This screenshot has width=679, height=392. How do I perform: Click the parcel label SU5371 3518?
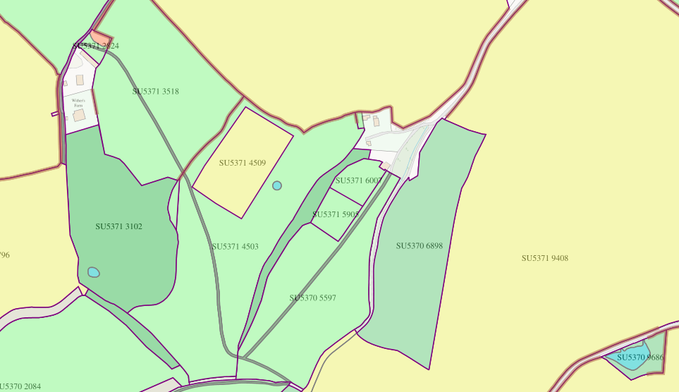pos(155,92)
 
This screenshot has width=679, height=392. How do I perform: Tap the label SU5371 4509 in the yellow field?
pos(242,163)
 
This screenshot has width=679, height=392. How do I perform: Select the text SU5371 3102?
pos(118,227)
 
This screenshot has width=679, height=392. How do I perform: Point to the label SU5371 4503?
pos(235,247)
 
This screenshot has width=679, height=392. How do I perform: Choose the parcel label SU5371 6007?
pos(358,180)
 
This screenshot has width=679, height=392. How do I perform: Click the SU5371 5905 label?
pos(336,214)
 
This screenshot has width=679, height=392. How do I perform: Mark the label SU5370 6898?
pos(419,246)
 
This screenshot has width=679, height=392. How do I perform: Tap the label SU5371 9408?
pos(544,258)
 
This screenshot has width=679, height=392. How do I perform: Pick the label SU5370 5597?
pos(312,298)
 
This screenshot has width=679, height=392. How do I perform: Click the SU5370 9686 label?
pos(640,357)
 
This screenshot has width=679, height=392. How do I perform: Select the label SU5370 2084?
pos(20,386)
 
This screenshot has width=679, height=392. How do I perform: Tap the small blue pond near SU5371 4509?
pos(277,185)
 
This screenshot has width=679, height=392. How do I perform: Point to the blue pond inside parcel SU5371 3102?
pos(94,272)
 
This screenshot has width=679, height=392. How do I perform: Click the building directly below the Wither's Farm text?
pos(79,115)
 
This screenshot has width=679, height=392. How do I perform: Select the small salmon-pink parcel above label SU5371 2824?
pos(101,36)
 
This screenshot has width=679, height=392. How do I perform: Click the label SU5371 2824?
pos(95,46)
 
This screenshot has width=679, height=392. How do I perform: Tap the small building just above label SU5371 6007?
pos(386,166)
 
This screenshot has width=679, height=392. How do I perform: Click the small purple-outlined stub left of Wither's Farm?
pos(55,114)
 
